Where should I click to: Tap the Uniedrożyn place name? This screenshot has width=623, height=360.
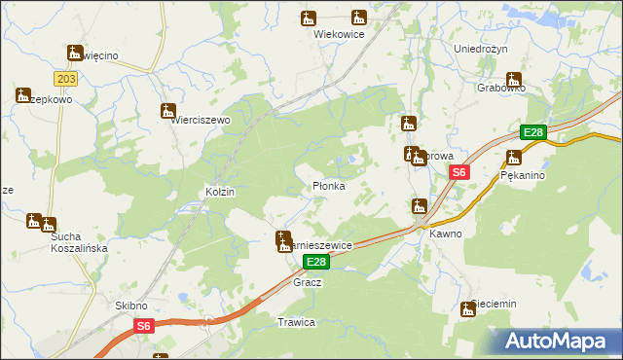[483, 48]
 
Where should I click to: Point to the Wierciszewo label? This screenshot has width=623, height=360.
[200, 120]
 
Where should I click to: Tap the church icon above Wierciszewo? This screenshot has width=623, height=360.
[168, 111]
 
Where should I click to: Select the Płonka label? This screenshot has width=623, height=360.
[328, 185]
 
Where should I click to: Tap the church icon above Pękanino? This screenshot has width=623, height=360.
[514, 158]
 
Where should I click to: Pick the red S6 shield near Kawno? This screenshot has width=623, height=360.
[459, 172]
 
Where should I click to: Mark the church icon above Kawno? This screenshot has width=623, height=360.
[420, 206]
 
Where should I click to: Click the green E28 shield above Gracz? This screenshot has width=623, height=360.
[315, 263]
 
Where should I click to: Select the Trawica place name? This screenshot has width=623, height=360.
[296, 322]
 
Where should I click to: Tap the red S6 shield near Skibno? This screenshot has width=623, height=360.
[143, 327]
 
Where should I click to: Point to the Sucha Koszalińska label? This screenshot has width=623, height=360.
[78, 241]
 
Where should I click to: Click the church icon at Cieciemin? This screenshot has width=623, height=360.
[468, 309]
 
